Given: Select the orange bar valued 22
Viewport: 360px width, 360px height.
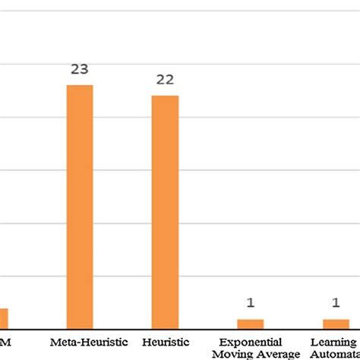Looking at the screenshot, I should [x=165, y=212].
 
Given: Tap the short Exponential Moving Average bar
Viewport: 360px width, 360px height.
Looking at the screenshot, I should [x=250, y=324].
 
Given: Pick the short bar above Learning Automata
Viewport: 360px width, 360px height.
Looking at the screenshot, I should [x=335, y=324].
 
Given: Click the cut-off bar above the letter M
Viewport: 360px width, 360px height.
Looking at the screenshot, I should [x=4, y=318].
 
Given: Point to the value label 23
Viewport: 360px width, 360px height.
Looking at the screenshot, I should [x=80, y=70].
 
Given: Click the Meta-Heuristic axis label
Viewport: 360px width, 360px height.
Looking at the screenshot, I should [x=89, y=342].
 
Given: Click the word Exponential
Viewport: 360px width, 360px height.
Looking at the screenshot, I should [x=251, y=343].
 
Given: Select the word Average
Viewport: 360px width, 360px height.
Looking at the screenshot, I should [x=279, y=354].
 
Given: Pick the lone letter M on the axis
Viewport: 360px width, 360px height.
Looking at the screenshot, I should [x=5, y=342].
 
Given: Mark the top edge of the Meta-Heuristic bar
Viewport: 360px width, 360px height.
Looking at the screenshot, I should [x=80, y=86].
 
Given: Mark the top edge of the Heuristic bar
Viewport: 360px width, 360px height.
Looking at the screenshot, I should [x=165, y=96].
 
